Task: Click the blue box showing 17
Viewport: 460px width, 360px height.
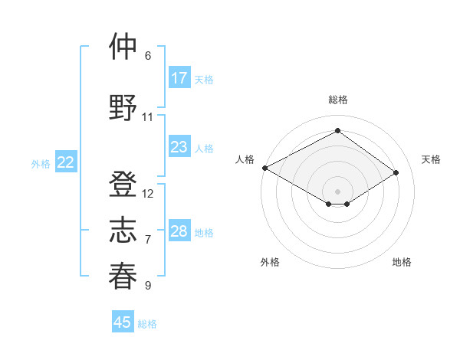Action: click(x=179, y=78)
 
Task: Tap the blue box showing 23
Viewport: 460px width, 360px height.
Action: click(x=179, y=147)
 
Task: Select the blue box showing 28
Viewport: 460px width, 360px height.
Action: click(x=179, y=231)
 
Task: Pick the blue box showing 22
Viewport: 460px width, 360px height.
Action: click(x=66, y=162)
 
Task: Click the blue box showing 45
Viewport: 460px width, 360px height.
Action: click(x=123, y=322)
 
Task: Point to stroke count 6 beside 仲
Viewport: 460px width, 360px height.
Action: click(x=147, y=56)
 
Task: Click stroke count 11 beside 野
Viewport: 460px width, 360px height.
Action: click(x=147, y=117)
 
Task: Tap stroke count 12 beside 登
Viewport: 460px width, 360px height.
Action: click(x=148, y=194)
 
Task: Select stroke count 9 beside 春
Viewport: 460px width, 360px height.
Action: click(x=147, y=286)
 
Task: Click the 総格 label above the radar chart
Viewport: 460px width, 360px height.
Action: click(x=337, y=100)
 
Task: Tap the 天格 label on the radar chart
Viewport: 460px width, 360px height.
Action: click(x=431, y=159)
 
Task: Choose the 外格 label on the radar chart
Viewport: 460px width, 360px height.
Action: click(x=270, y=262)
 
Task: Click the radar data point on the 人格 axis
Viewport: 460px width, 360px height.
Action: click(x=264, y=167)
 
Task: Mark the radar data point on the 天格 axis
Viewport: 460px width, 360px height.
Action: click(x=396, y=173)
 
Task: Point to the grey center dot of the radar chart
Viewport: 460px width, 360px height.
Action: click(x=337, y=191)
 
